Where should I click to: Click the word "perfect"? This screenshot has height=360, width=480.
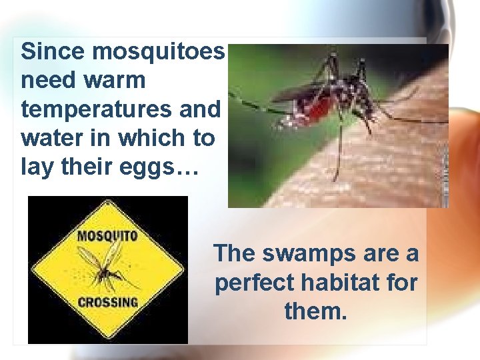(x=253, y=283)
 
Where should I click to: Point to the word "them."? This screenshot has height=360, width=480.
(x=315, y=311)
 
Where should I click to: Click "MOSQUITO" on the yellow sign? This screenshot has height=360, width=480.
(x=107, y=236)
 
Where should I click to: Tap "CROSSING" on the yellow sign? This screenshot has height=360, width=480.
(x=107, y=301)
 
